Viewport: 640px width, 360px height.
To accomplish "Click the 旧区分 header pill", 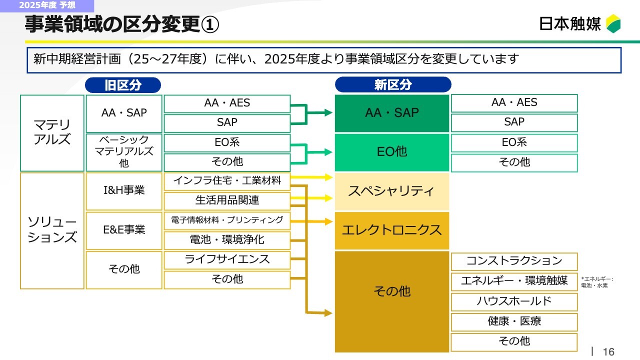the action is point(123,85).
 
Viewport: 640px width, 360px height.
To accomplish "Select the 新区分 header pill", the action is point(393,84).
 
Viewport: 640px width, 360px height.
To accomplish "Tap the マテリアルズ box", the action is point(52,133).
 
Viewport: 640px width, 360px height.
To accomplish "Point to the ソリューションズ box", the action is point(52,230).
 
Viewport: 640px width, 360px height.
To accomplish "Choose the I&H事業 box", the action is point(124,191).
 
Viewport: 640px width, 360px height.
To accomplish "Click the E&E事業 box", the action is point(124,231).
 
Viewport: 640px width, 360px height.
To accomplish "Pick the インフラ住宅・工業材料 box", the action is point(227,181).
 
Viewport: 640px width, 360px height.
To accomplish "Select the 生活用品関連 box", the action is point(227,201).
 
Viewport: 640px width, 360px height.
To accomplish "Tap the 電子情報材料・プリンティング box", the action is point(227,220).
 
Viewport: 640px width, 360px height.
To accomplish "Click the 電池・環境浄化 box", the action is point(227,240).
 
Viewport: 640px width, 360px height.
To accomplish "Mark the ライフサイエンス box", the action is point(227,260).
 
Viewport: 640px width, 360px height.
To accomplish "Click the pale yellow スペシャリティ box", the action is point(391,191).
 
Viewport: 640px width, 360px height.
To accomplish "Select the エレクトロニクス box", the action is point(391,230).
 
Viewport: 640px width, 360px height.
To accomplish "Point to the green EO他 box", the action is point(391,152).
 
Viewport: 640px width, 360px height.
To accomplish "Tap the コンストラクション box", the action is point(514,261).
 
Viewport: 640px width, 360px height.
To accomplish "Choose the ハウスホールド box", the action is point(514,302).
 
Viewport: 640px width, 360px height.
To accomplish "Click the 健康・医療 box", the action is point(514,322).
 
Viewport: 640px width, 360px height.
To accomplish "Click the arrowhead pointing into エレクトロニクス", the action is point(328,221).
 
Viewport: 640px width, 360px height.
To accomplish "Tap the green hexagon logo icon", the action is point(613,23).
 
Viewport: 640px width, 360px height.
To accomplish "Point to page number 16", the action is point(608,352).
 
